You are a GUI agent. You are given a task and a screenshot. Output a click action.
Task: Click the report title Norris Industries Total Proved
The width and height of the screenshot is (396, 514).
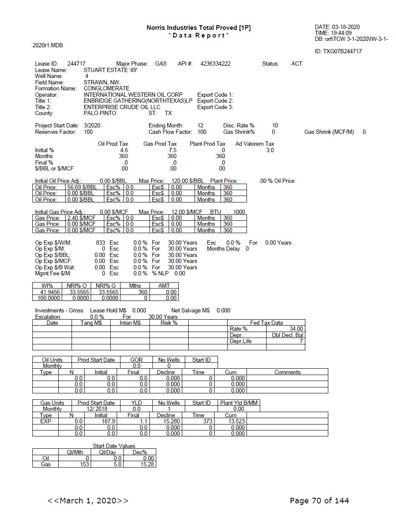tap(198, 28)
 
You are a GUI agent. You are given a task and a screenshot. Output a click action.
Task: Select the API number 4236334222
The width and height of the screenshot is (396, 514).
tap(215, 64)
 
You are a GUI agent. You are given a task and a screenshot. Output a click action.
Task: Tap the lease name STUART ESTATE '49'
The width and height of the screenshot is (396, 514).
tap(110, 70)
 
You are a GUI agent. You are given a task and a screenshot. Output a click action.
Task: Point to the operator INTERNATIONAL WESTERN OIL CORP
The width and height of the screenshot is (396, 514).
tap(133, 95)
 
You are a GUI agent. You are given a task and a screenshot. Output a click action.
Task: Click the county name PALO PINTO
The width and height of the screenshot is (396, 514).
tap(100, 113)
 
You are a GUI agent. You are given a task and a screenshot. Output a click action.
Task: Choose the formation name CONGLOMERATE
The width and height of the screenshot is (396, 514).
tap(106, 89)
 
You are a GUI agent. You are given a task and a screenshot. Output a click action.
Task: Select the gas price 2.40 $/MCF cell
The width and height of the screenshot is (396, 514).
tap(81, 218)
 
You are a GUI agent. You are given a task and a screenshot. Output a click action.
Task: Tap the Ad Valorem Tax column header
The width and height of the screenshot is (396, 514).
tap(255, 144)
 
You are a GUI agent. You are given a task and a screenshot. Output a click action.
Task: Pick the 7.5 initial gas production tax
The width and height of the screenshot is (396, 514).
tap(172, 150)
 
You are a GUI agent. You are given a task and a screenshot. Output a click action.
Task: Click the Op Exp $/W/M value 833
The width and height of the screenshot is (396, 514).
tap(100, 243)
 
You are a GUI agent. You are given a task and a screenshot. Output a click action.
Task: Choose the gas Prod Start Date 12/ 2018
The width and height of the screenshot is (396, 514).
tap(96, 409)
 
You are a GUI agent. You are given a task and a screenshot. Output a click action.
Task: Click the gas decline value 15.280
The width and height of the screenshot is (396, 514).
tap(169, 421)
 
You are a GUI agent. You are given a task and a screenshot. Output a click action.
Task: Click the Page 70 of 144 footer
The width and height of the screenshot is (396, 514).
tap(319, 500)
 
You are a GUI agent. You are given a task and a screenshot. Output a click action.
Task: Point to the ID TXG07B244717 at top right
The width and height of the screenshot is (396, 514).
tap(338, 51)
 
